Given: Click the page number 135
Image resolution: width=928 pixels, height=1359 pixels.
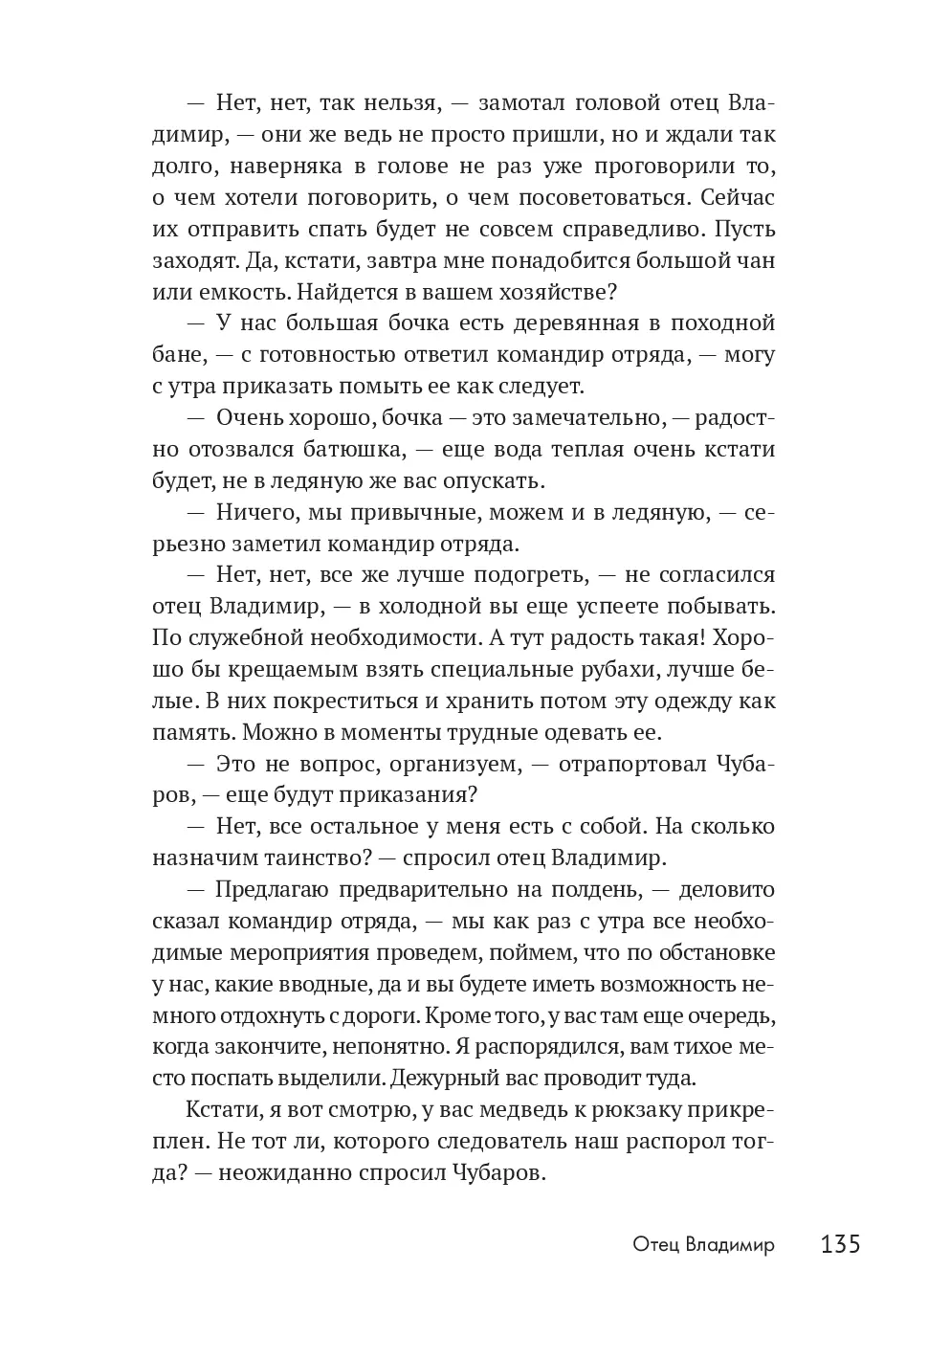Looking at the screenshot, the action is click(x=840, y=1243).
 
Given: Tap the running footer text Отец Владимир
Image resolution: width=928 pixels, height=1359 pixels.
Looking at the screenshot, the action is click(x=703, y=1244).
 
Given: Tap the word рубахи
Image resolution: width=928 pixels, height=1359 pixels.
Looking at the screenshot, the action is click(x=683, y=669).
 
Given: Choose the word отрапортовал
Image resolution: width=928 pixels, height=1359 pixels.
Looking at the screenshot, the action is click(x=626, y=764).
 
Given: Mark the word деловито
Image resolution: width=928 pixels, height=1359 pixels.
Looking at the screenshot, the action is click(x=727, y=889).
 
